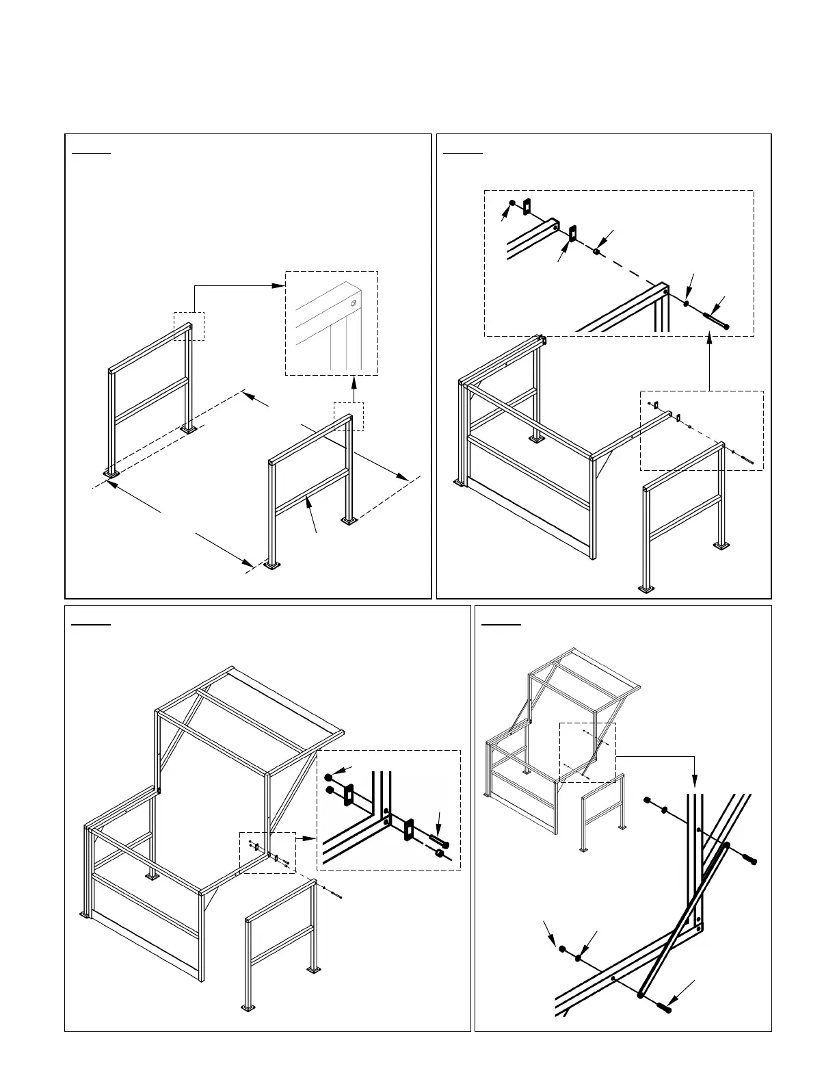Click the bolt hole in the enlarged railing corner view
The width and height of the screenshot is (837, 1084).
353,302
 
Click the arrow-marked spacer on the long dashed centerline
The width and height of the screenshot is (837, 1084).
597,251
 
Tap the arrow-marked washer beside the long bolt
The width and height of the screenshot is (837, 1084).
686,302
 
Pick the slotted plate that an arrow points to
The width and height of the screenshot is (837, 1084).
573,233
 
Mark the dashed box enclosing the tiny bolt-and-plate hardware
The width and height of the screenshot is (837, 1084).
702,430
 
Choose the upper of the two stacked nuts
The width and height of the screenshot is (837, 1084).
329,777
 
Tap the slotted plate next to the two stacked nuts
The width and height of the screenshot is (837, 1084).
348,795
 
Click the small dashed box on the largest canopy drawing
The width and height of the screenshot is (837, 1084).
267,853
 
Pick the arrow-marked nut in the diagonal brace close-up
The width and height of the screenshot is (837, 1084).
562,949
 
